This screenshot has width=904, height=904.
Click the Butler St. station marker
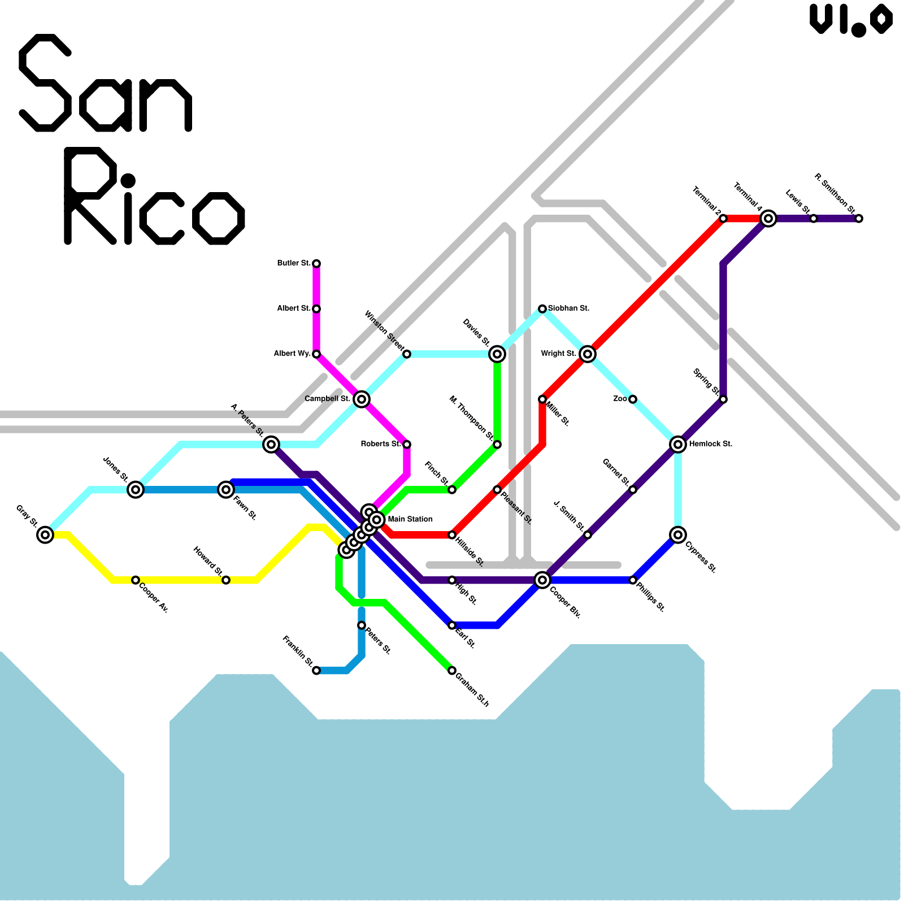pos(316,264)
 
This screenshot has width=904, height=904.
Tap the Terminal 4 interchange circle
pos(768,219)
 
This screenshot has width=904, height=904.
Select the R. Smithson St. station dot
pos(859,219)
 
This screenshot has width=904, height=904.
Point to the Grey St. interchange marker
pos(45,534)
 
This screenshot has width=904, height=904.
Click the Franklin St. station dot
pos(316,671)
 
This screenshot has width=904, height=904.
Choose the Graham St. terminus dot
pos(452,671)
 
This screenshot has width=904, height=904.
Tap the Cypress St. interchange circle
pos(678,534)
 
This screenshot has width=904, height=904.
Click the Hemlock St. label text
pos(710,444)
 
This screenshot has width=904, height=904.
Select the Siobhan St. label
pos(568,308)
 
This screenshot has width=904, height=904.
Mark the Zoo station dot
pos(633,399)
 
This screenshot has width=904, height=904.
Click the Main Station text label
pos(410,519)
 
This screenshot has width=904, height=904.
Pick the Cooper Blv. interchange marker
pos(542,580)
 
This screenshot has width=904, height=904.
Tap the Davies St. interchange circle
pos(497,354)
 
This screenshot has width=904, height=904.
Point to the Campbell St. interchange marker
pos(362,399)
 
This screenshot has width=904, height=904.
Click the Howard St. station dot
pos(226,580)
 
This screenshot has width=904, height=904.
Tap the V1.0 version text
pos(851,20)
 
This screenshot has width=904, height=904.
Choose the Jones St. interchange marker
pos(136,490)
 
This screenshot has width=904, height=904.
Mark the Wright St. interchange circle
pos(588,354)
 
